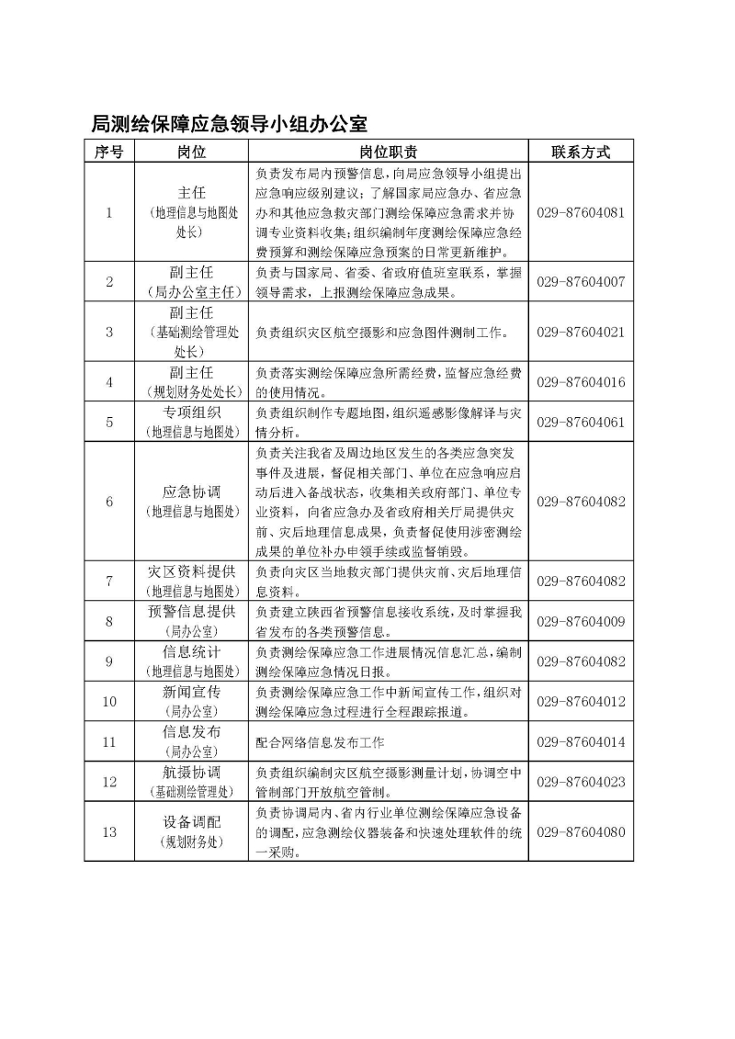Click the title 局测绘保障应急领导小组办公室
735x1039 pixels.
(230, 124)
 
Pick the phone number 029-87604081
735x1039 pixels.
(580, 212)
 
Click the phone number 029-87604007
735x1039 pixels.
(580, 282)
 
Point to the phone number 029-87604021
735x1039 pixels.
(580, 332)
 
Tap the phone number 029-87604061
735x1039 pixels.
(580, 422)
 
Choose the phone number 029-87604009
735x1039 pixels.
(580, 622)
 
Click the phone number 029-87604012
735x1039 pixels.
(580, 701)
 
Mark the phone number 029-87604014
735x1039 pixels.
(580, 741)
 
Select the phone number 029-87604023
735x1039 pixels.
(580, 782)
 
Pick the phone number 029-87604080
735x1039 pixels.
(580, 831)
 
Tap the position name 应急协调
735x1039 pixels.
(192, 492)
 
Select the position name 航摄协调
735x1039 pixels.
(192, 773)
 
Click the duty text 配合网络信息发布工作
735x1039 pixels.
(320, 741)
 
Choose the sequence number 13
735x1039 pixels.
(109, 831)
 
